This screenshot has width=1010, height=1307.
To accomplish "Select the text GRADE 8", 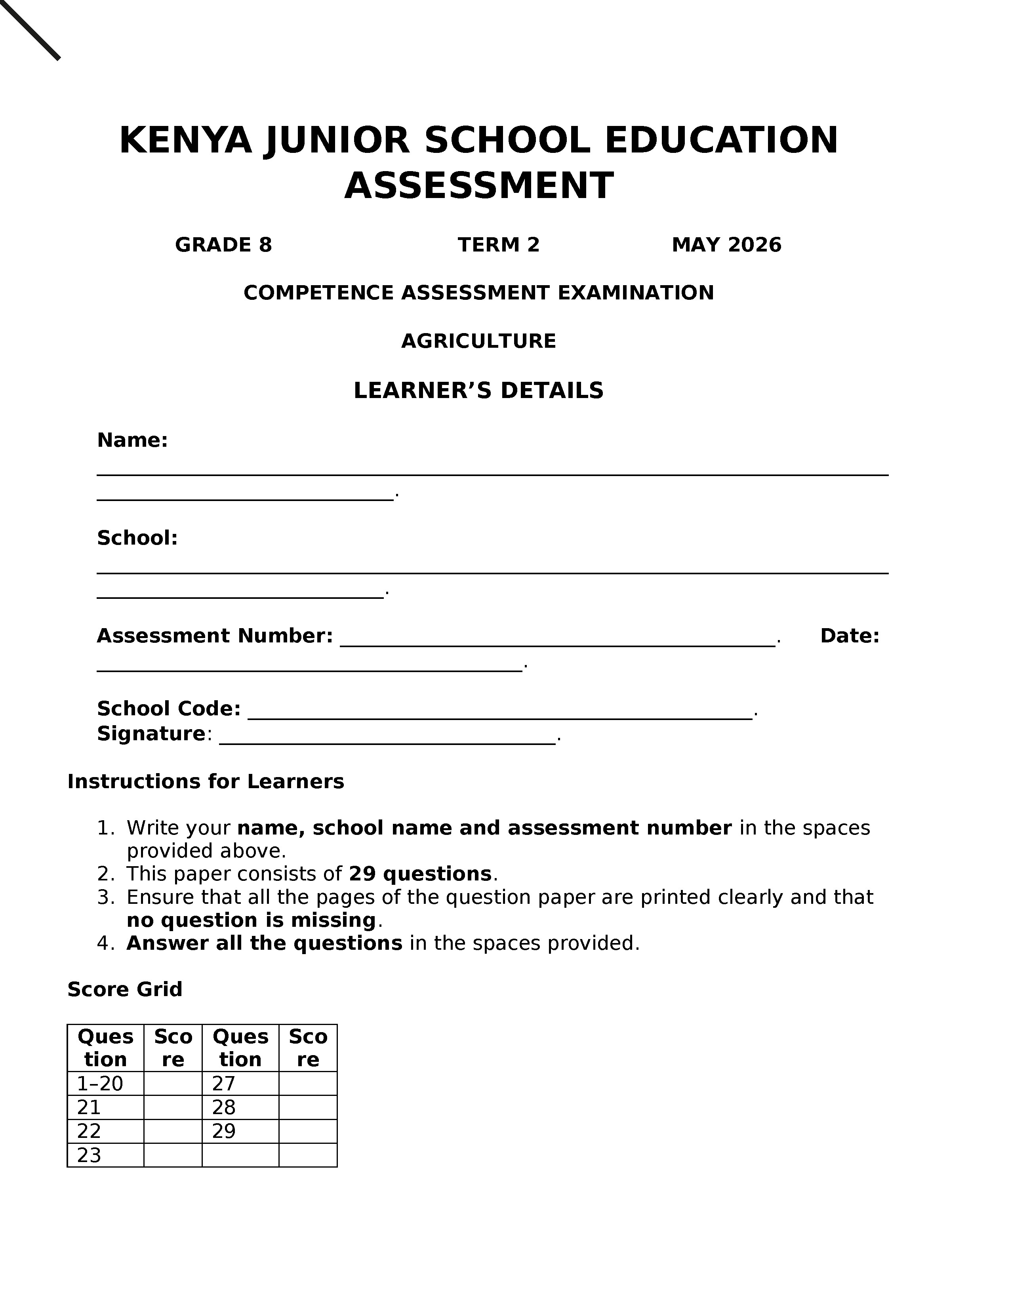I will [x=223, y=245].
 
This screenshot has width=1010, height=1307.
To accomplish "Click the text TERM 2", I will [x=498, y=245].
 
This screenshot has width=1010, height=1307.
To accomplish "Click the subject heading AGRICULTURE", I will [x=479, y=341].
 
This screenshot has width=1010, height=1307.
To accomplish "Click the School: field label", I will [x=137, y=538].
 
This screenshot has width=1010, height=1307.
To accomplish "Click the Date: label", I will [x=849, y=636].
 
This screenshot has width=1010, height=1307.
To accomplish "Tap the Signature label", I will [x=151, y=734].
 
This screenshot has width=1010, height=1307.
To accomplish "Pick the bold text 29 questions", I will [x=420, y=874].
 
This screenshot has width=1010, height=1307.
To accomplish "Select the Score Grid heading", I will [x=124, y=989].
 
